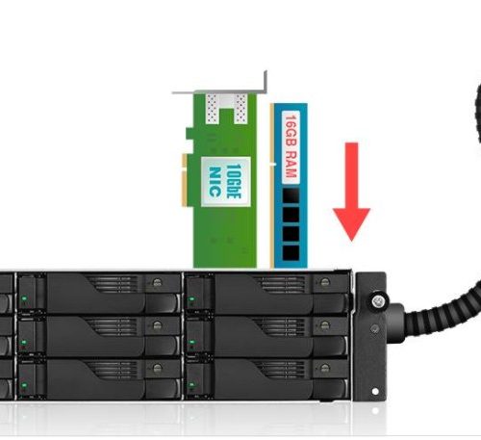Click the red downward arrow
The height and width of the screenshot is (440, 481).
[351, 192]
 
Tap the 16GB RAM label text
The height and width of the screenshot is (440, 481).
[291, 146]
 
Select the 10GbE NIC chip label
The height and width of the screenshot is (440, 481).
[225, 181]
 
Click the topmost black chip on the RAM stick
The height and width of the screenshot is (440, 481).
[291, 195]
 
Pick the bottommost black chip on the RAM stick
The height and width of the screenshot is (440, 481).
[291, 252]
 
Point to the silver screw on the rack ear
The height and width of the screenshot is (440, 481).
[378, 300]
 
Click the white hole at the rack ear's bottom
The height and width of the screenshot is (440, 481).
[374, 391]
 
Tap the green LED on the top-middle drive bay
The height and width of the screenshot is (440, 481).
[24, 298]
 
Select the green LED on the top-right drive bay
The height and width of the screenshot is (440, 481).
[191, 299]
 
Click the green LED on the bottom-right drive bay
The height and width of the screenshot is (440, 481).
[191, 384]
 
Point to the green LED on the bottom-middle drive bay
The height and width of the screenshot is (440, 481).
[24, 384]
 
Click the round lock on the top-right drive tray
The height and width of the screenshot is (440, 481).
[325, 282]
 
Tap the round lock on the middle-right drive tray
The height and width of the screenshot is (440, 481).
[325, 324]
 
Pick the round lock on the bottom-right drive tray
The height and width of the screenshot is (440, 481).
[325, 368]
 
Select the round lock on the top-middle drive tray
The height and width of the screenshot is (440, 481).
[157, 282]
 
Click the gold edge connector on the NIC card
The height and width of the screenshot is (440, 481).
[185, 180]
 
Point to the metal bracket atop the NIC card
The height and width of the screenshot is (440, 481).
[221, 88]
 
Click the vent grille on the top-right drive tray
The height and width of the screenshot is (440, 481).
[279, 284]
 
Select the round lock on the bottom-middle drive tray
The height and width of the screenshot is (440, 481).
[157, 368]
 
